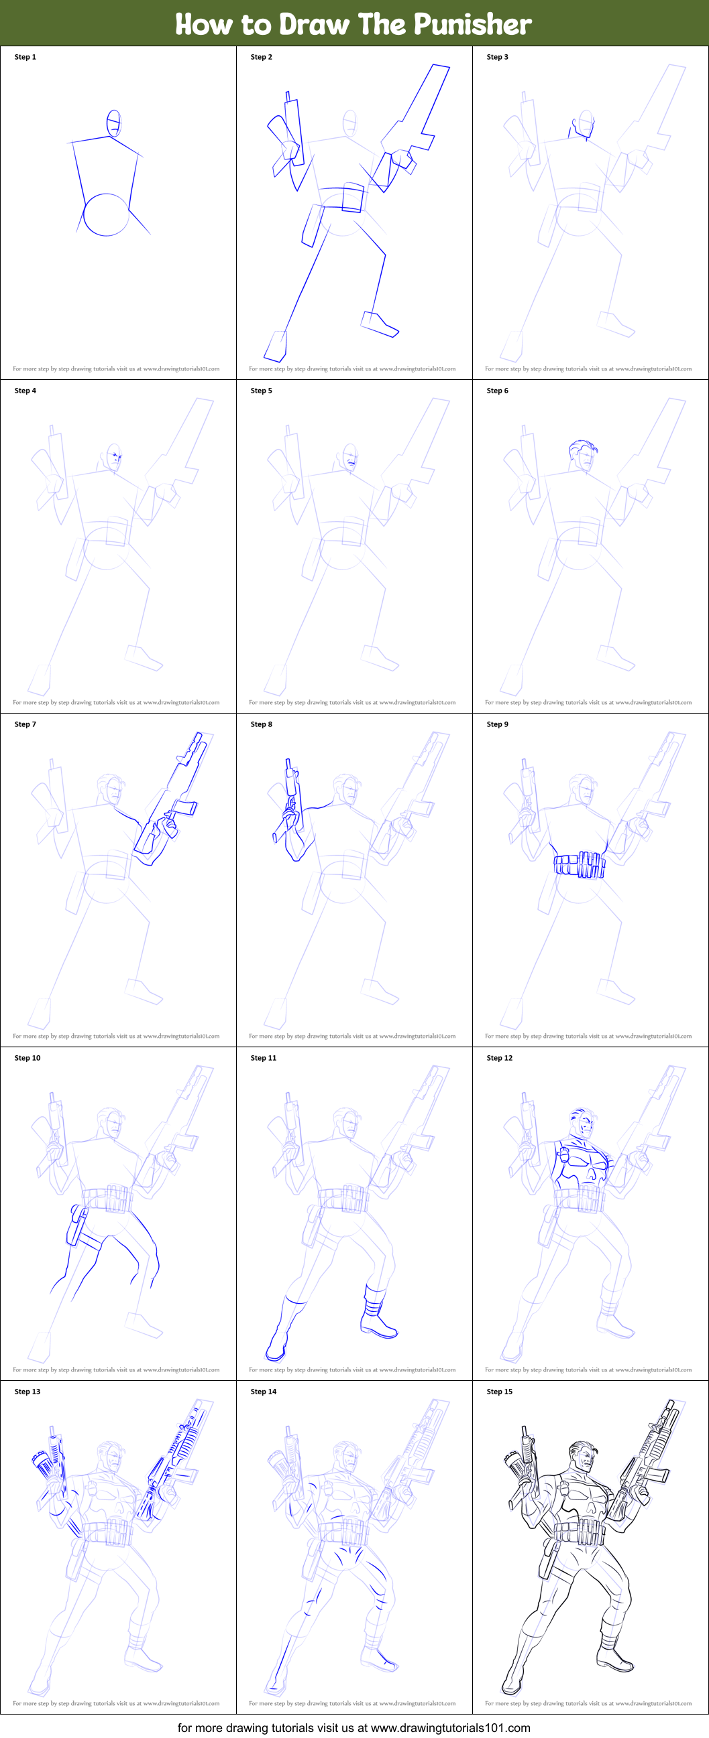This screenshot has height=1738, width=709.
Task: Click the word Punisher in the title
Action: click(x=472, y=24)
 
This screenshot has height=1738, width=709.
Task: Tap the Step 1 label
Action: click(x=25, y=58)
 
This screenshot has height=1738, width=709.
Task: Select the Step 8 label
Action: click(x=262, y=724)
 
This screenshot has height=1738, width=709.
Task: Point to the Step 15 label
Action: click(x=499, y=1391)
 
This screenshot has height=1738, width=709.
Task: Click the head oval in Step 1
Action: click(x=115, y=123)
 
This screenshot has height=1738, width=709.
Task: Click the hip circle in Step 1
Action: click(x=106, y=214)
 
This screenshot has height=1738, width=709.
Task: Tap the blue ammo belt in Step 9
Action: click(x=580, y=864)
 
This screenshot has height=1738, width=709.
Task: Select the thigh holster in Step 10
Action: click(x=76, y=1226)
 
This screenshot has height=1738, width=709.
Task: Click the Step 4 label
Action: click(x=25, y=391)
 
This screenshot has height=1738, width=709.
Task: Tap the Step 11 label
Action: click(x=264, y=1058)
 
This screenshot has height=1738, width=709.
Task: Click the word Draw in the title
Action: click(x=315, y=24)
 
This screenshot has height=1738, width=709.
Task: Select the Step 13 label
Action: click(x=27, y=1391)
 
